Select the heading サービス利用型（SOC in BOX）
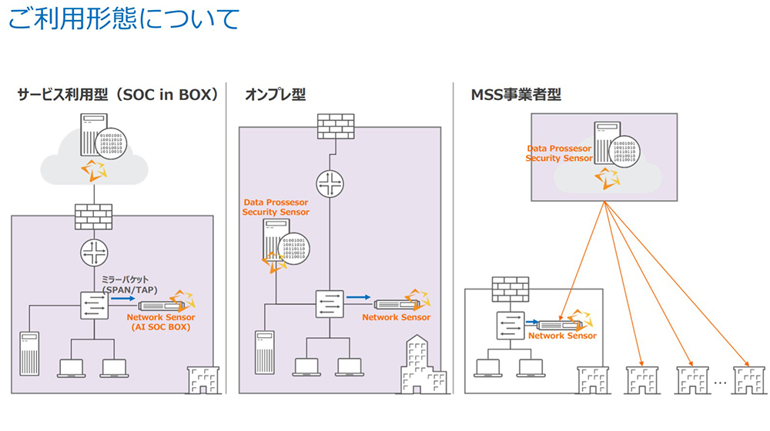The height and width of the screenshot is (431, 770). (x=118, y=95)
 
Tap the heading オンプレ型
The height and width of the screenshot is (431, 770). (x=275, y=95)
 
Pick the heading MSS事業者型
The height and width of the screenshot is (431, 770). (x=516, y=95)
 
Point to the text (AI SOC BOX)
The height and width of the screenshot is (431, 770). (x=161, y=327)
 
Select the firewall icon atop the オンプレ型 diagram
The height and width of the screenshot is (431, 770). (x=335, y=128)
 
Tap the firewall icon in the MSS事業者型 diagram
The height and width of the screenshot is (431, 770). (x=511, y=289)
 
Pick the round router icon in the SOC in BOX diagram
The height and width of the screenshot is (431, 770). (x=93, y=253)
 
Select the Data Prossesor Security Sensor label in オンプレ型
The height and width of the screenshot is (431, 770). (x=276, y=207)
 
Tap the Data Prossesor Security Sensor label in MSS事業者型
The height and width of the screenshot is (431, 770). (x=559, y=153)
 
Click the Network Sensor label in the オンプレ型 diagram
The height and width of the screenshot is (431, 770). (x=396, y=317)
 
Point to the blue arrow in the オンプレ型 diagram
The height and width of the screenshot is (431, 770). (x=358, y=297)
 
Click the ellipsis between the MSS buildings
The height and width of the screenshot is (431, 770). (x=721, y=382)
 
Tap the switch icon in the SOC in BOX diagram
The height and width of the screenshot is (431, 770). (x=93, y=305)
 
